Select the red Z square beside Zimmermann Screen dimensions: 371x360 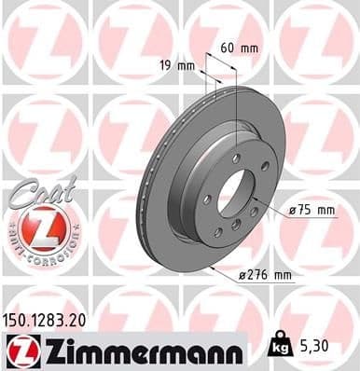(21, 351)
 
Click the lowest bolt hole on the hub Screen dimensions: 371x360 (218, 231)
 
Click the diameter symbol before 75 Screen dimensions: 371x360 (293, 210)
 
